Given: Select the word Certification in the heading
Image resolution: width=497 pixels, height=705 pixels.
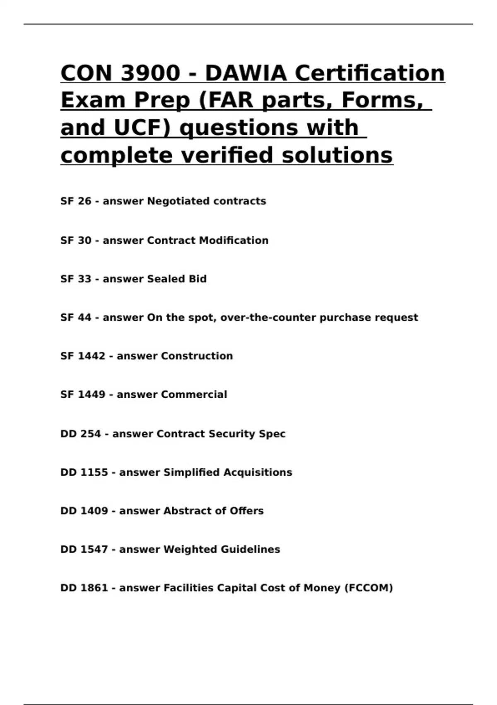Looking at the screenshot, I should point(369,73).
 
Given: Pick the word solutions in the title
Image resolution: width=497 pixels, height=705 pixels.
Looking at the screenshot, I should point(337,156).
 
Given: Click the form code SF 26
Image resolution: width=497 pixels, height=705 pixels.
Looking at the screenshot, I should point(76,201).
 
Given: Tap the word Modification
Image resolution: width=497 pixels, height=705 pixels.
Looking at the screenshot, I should point(234,241).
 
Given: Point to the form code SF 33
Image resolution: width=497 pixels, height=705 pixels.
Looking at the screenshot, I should point(76,279).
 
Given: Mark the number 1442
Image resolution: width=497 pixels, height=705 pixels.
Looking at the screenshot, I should point(92,356).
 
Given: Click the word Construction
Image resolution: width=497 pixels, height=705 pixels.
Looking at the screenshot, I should point(197,356).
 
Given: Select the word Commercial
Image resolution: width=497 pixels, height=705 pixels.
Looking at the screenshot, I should point(194,394).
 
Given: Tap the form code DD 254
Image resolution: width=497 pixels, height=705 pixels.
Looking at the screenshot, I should point(80,434).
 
